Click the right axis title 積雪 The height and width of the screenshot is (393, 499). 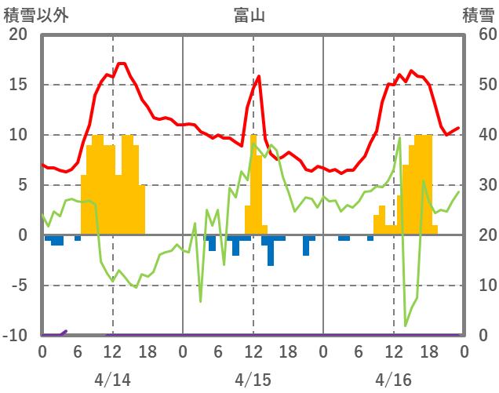[x=477, y=14]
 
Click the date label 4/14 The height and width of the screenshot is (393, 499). [x=112, y=380]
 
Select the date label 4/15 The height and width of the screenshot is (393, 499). [x=253, y=380]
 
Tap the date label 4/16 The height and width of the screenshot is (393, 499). [x=393, y=380]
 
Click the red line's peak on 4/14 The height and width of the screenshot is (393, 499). [x=121, y=64]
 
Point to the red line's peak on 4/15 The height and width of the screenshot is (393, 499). [x=258, y=76]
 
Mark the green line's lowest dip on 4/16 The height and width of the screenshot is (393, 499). [x=406, y=325]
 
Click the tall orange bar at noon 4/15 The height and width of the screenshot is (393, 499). [x=253, y=184]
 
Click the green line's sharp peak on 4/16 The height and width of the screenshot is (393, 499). [x=399, y=139]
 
